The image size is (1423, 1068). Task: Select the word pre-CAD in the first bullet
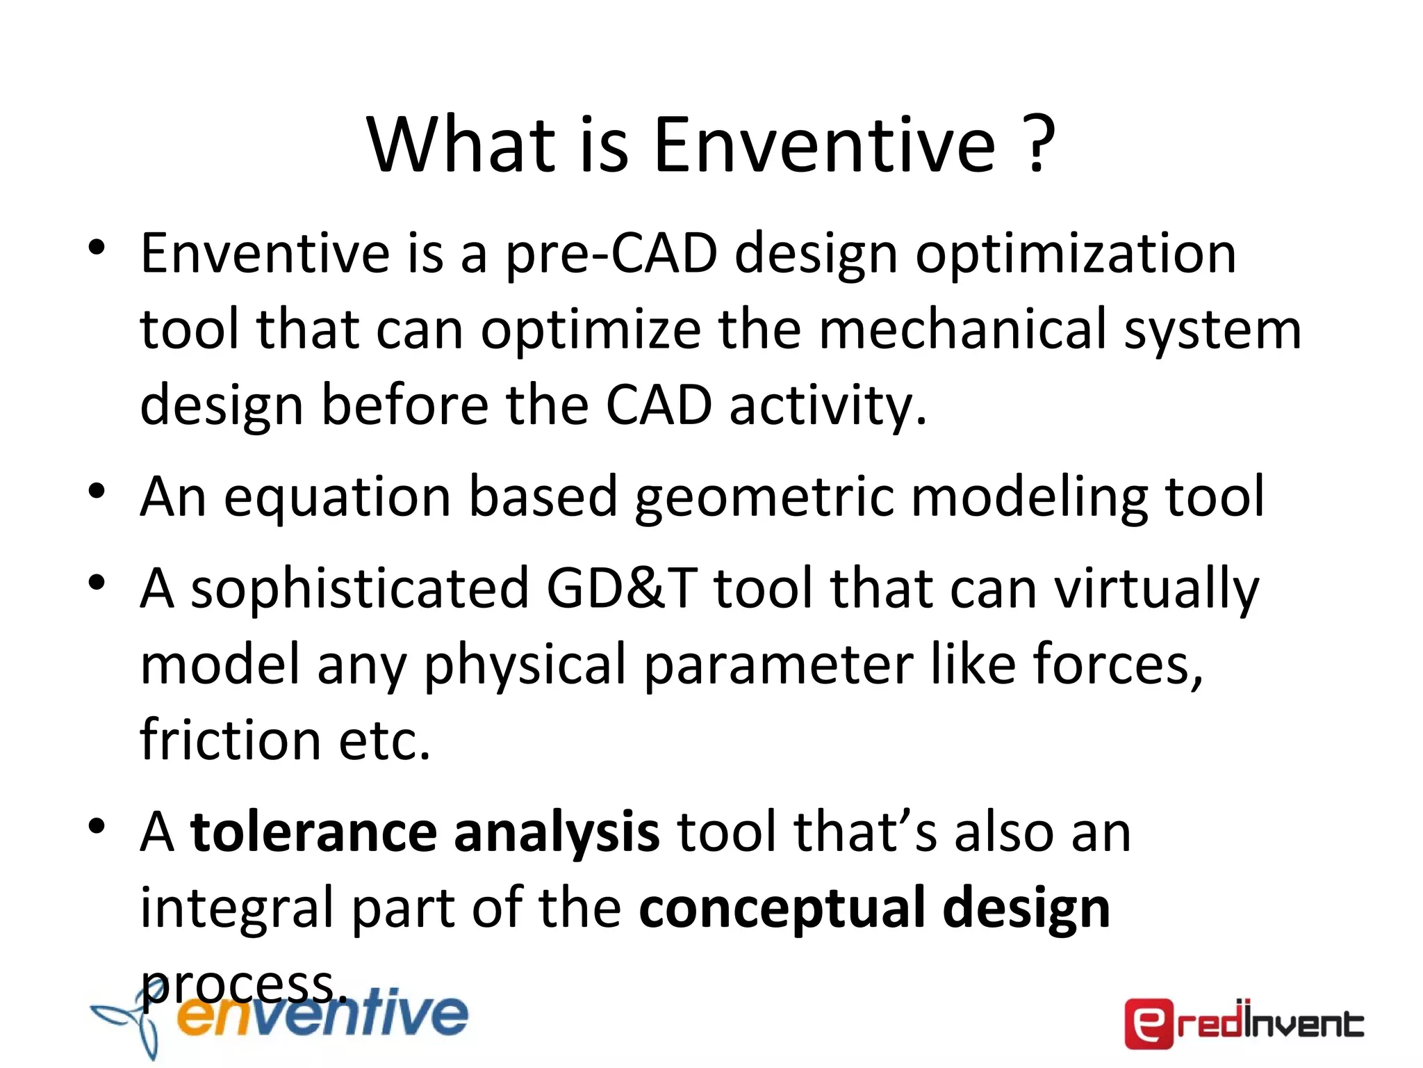(x=611, y=254)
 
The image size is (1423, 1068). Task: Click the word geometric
(x=764, y=499)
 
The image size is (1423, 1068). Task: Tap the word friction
(x=230, y=739)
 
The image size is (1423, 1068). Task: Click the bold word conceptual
(x=782, y=909)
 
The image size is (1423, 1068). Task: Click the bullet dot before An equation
(x=97, y=490)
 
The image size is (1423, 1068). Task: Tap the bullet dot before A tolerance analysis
(x=97, y=825)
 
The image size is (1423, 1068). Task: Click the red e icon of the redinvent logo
(x=1149, y=1023)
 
